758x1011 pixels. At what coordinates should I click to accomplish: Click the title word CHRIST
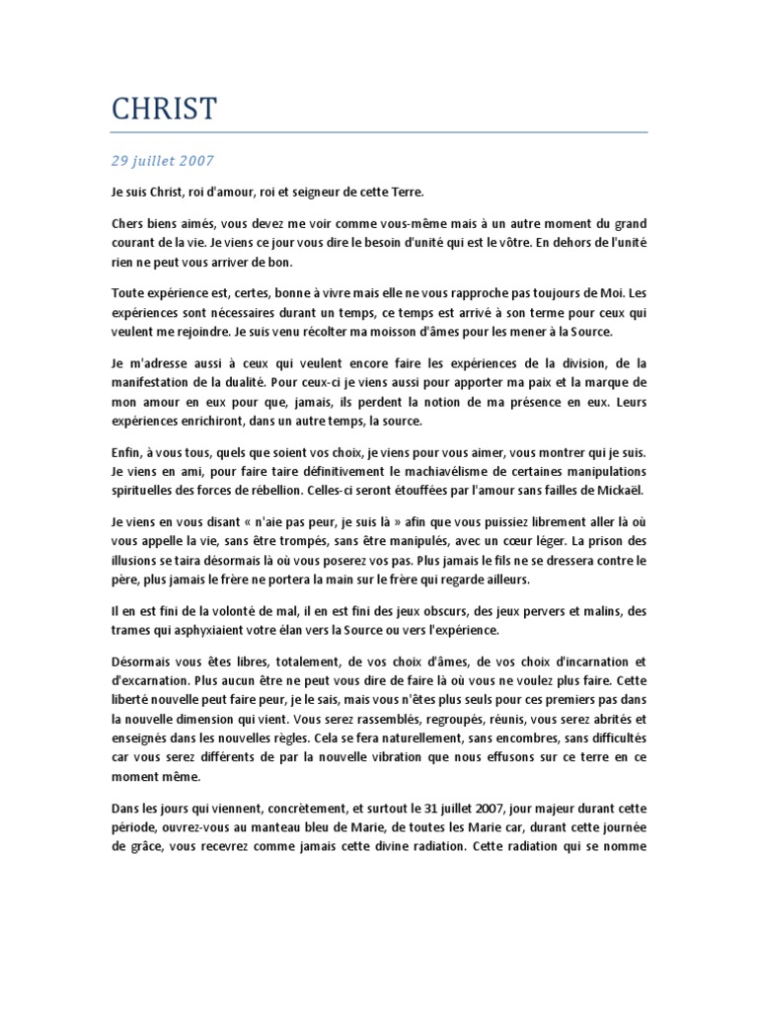pyautogui.click(x=164, y=109)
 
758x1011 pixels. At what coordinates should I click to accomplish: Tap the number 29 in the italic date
pyautogui.click(x=119, y=159)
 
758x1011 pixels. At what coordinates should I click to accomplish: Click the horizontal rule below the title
pyautogui.click(x=379, y=131)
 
